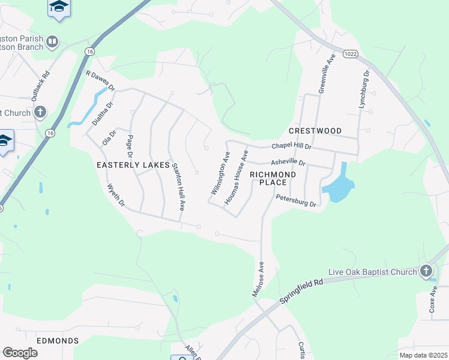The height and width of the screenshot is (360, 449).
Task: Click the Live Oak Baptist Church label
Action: coord(376,272)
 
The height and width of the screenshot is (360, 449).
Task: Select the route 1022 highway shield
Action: coord(351,54)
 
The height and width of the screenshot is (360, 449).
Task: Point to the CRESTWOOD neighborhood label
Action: coord(315,131)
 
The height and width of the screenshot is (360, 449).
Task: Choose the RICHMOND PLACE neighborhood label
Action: coord(273,178)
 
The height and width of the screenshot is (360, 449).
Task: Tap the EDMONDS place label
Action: coord(58,341)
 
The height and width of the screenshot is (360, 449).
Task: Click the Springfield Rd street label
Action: coord(301,290)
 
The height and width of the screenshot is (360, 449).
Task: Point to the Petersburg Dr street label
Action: coord(296,200)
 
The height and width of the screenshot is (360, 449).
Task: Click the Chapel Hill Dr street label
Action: coord(292,146)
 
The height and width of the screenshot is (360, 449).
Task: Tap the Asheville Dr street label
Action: coord(288,163)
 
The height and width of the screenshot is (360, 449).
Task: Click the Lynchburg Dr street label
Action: coord(364,89)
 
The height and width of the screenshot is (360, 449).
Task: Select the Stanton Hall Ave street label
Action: coord(178,187)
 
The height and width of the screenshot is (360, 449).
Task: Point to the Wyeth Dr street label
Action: coord(116,196)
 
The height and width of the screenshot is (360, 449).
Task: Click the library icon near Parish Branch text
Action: coord(52,41)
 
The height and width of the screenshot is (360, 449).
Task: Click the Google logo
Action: coord(20,353)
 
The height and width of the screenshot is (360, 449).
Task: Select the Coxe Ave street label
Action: coord(434,298)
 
